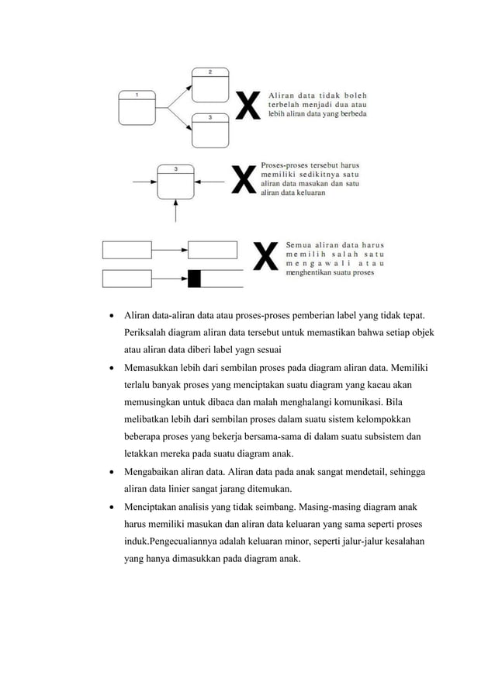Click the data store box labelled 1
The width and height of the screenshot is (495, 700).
[x=137, y=109]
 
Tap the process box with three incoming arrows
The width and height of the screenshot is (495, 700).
[x=175, y=182]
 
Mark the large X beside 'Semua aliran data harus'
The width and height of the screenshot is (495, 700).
[x=266, y=257]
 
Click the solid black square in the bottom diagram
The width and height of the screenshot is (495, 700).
[x=195, y=278]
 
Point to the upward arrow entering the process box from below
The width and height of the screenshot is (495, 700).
[x=175, y=210]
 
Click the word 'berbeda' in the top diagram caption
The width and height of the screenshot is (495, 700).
[x=350, y=113]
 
